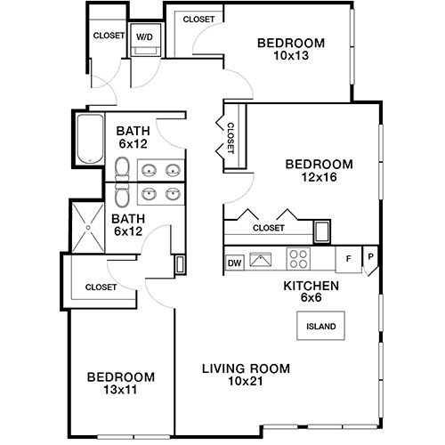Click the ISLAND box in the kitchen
click(320, 326)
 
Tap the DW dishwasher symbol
click(235, 263)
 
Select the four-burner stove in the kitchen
click(298, 259)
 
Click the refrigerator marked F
click(349, 259)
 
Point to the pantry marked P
click(370, 257)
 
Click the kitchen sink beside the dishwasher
click(261, 260)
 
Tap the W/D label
click(144, 36)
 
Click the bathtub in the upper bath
click(90, 139)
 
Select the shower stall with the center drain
click(88, 228)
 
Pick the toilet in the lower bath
click(122, 194)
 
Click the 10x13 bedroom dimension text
click(291, 55)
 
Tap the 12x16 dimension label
click(319, 177)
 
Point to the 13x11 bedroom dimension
click(120, 390)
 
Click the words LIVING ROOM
click(246, 368)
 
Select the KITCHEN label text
click(311, 286)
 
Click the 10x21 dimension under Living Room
click(246, 381)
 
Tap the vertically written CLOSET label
click(231, 138)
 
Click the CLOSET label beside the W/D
click(109, 36)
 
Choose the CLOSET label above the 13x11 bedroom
click(101, 287)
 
